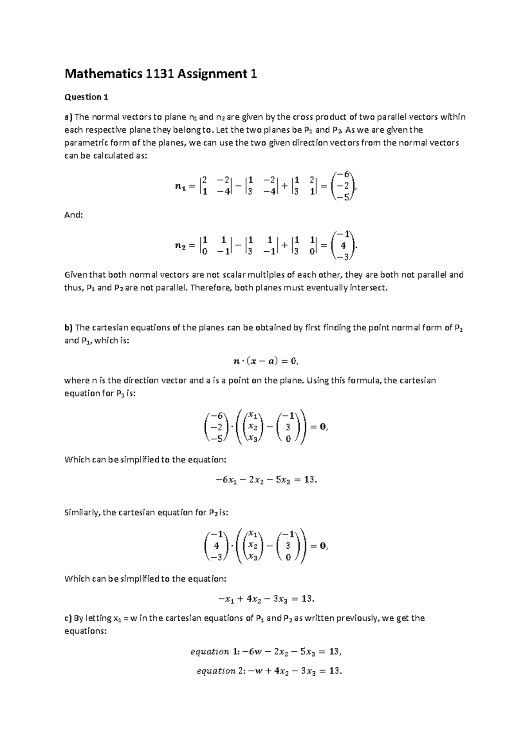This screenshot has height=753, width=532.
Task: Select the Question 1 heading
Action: point(86,97)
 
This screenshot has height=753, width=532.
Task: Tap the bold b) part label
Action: point(68,328)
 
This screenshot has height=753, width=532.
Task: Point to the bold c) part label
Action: point(68,618)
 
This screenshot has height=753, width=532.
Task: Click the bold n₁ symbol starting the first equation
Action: point(181,187)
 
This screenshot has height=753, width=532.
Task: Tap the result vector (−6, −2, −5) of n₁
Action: point(344,186)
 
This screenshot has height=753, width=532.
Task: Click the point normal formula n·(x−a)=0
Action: point(266,361)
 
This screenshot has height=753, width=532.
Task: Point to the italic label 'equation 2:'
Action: point(218,671)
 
